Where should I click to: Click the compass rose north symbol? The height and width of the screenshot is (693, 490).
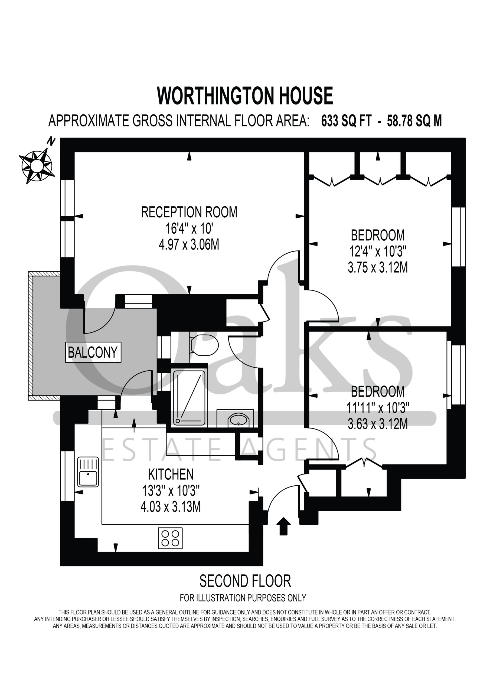pyautogui.click(x=37, y=166)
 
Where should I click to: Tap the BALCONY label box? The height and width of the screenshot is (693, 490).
pyautogui.click(x=93, y=352)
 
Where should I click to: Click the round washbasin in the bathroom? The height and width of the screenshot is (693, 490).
pyautogui.click(x=238, y=420)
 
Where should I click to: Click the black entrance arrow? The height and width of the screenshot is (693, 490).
pyautogui.click(x=283, y=526)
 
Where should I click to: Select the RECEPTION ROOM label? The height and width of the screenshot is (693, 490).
pyautogui.click(x=189, y=212)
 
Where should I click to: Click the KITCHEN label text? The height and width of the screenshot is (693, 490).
pyautogui.click(x=171, y=475)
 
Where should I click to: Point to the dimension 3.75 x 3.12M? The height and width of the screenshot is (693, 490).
pyautogui.click(x=378, y=267)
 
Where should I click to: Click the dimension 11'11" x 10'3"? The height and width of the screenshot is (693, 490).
pyautogui.click(x=378, y=408)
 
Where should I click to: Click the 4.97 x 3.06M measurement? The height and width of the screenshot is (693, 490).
pyautogui.click(x=189, y=244)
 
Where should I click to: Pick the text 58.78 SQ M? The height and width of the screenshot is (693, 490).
pyautogui.click(x=414, y=121)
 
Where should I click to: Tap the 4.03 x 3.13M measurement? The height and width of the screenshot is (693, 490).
pyautogui.click(x=171, y=506)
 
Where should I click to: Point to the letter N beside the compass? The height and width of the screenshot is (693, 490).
pyautogui.click(x=52, y=141)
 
